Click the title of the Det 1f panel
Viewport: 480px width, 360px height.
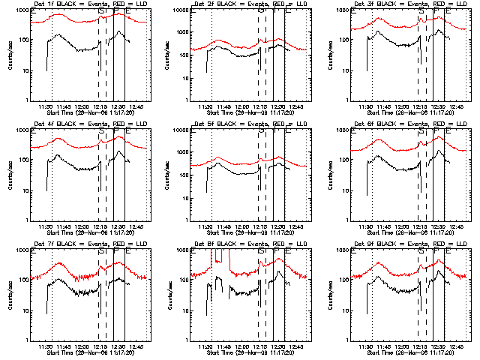click(83, 4)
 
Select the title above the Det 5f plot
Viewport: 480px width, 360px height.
click(244, 124)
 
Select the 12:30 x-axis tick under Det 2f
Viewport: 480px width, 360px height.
click(278, 106)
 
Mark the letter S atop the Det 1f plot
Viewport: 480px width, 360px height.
click(100, 11)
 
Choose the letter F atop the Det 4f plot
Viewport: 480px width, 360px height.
click(115, 131)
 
